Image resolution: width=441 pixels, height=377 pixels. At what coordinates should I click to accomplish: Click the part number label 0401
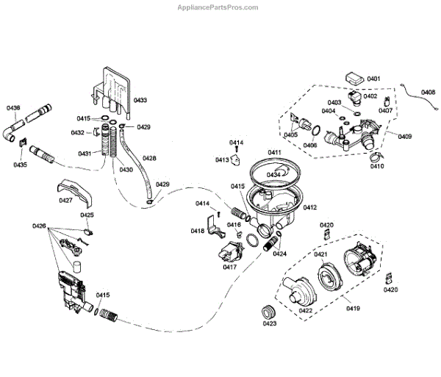point(373,79)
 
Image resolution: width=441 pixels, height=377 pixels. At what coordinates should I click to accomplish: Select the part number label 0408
point(428,92)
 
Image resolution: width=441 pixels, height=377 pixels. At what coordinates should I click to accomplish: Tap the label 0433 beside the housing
point(140,100)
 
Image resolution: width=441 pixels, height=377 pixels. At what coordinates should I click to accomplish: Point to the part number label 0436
point(14,108)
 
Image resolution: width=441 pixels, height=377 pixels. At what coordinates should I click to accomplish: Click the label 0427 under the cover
point(65,200)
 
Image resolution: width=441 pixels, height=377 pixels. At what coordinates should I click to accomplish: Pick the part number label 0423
point(269,323)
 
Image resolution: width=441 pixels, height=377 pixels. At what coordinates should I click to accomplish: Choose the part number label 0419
point(354,308)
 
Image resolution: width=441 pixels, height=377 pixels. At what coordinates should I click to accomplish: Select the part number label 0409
point(404,136)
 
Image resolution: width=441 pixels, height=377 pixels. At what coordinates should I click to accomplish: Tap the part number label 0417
point(230,268)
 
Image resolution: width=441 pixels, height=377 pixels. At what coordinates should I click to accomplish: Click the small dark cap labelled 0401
point(354,76)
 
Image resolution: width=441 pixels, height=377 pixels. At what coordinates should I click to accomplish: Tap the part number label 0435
point(20,165)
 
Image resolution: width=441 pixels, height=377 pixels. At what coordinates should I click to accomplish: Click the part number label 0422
point(306,311)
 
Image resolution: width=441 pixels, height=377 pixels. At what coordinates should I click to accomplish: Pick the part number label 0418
point(198,231)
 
